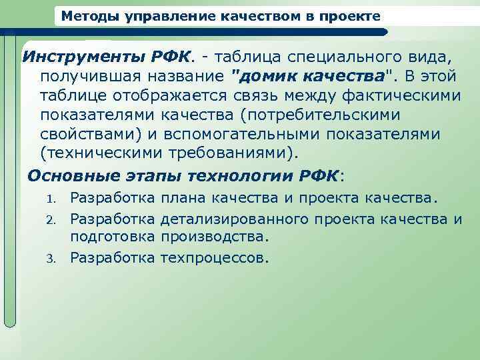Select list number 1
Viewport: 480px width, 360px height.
tap(49, 199)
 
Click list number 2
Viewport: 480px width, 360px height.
tap(49, 219)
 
